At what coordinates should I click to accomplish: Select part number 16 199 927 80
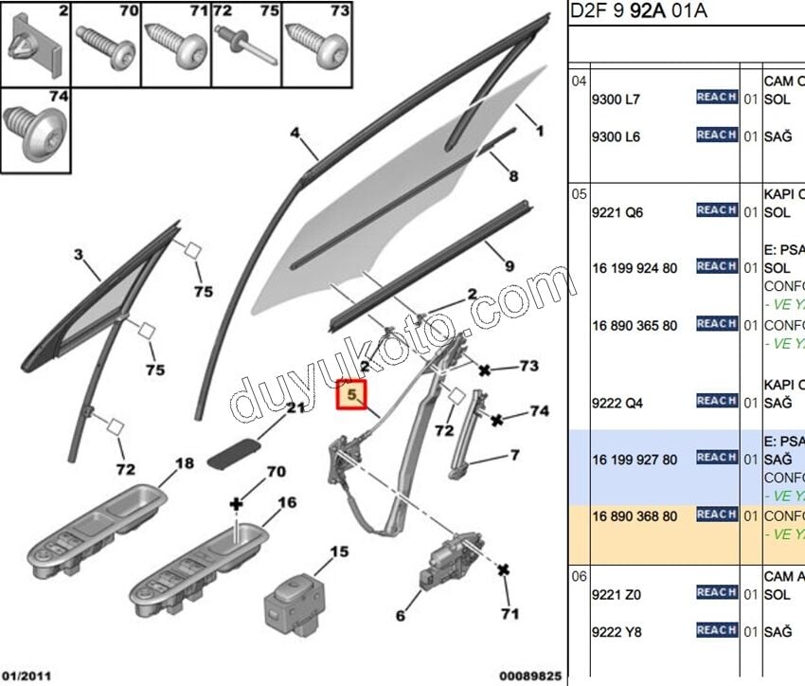pos(635,459)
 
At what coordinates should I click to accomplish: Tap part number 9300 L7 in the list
pos(616,99)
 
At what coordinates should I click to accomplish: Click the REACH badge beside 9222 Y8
pos(716,630)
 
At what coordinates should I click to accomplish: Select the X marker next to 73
pos(484,370)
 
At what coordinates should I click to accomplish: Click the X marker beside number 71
pos(504,569)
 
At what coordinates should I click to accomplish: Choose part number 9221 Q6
pos(617,212)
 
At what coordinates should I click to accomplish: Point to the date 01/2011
pos(27,677)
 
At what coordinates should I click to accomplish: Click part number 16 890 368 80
pos(635,515)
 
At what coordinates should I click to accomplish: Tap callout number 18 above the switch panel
pos(184,463)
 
